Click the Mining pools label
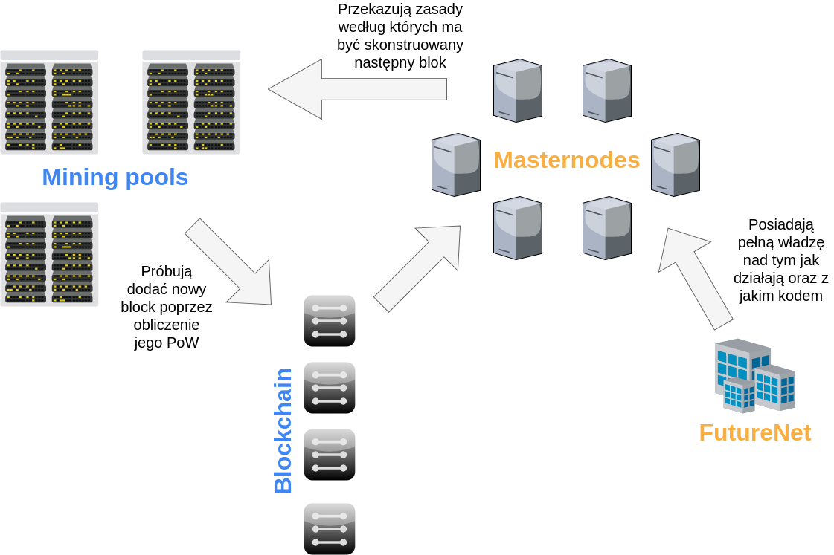pos(115,178)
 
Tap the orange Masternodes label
pos(566,160)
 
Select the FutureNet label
pos(754,432)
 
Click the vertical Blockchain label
pos(283,431)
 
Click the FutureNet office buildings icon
pos(754,376)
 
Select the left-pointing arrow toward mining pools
pos(357,89)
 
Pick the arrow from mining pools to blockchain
pos(231,264)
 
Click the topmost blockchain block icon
pos(330,321)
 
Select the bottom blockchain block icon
pos(330,528)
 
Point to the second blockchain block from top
pos(330,388)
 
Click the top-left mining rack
pos(49,103)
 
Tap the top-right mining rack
pos(191,103)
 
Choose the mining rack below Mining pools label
pos(49,255)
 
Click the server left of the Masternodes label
pos(455,165)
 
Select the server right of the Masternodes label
pos(675,165)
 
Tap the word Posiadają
pos(780,224)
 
